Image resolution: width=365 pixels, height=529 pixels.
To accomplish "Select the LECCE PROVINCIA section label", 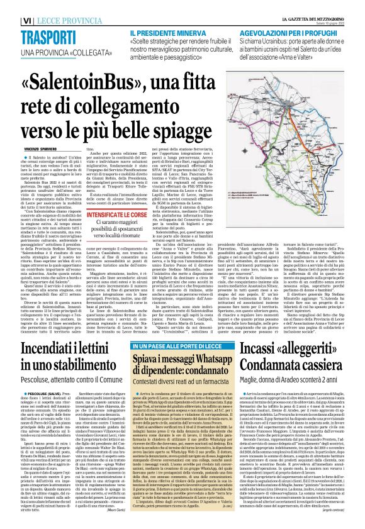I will (x=70, y=21).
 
